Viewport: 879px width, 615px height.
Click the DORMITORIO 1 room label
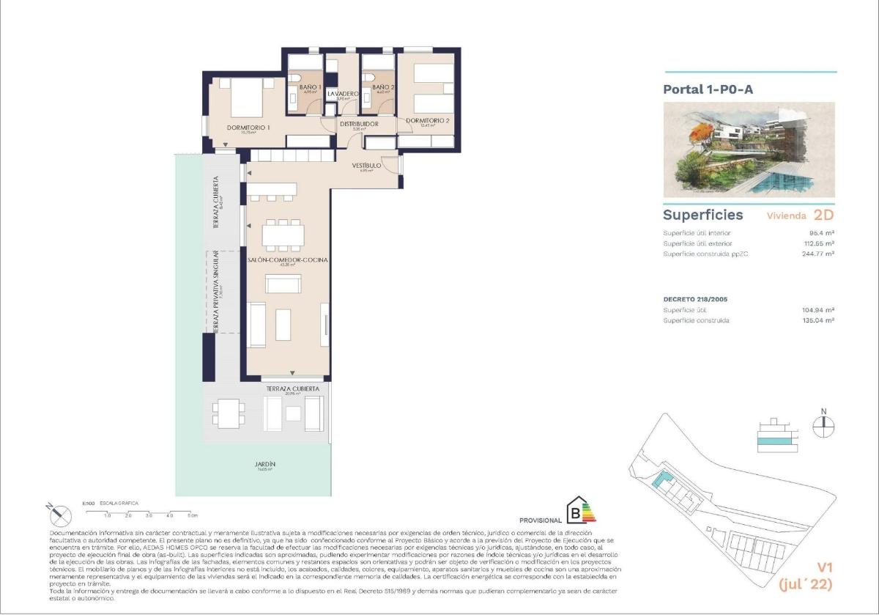point(248,128)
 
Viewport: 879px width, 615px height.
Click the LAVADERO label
point(342,94)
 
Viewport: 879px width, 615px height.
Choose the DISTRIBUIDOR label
point(358,125)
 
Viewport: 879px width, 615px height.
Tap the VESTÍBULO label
point(367,166)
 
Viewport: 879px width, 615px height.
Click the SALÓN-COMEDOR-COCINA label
point(287,260)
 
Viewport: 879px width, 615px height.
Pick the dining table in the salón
point(283,235)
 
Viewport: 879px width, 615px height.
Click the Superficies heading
point(702,215)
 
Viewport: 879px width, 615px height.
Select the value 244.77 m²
point(818,254)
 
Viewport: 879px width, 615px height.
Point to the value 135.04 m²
point(818,320)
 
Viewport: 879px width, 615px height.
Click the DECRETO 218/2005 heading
point(695,299)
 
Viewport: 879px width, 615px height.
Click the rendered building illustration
point(749,150)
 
